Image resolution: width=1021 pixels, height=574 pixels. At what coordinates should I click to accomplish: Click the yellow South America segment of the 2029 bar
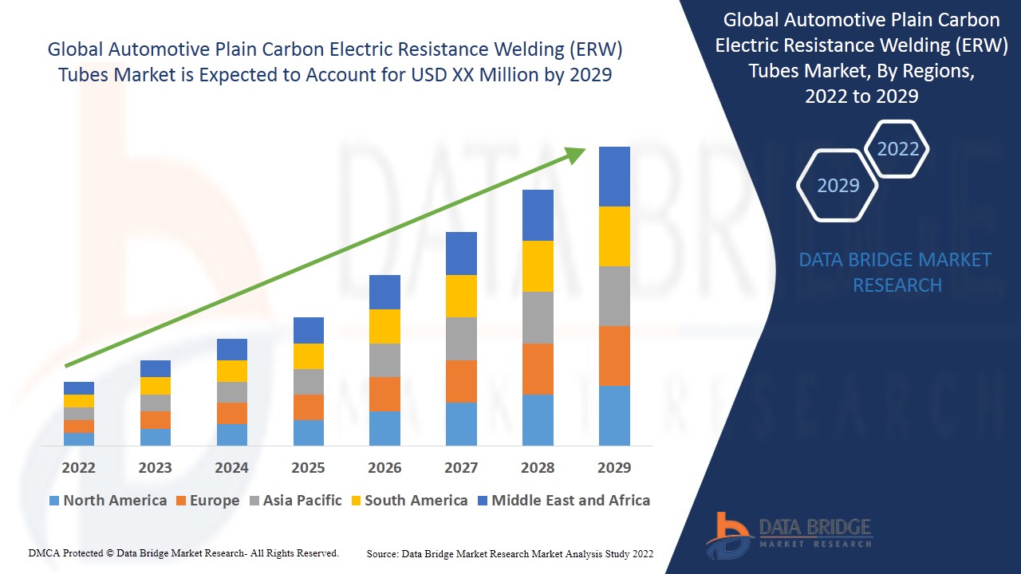pyautogui.click(x=614, y=236)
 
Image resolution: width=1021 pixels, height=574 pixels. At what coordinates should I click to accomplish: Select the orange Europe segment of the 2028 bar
pyautogui.click(x=538, y=368)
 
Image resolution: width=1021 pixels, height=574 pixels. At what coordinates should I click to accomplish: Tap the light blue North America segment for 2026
pyautogui.click(x=384, y=428)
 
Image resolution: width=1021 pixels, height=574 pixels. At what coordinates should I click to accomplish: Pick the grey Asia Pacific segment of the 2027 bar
pyautogui.click(x=461, y=338)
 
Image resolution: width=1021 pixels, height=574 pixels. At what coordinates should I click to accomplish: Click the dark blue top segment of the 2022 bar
pyautogui.click(x=79, y=387)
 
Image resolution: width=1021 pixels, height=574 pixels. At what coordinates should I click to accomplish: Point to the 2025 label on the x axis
pyautogui.click(x=308, y=467)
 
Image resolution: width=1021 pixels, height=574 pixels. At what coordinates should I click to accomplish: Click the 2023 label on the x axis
pyautogui.click(x=155, y=467)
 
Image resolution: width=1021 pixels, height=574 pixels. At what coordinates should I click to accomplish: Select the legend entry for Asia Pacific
pyautogui.click(x=296, y=501)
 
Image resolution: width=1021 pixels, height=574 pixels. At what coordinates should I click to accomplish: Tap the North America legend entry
pyautogui.click(x=108, y=501)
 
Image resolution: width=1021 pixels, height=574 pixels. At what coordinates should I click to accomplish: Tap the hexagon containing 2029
pyautogui.click(x=838, y=185)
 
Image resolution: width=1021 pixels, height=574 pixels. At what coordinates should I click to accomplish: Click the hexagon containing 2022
pyautogui.click(x=897, y=149)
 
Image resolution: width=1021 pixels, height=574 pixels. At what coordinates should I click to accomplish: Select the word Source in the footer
pyautogui.click(x=382, y=553)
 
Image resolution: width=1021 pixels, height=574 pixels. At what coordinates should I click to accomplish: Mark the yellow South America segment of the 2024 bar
pyautogui.click(x=232, y=371)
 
